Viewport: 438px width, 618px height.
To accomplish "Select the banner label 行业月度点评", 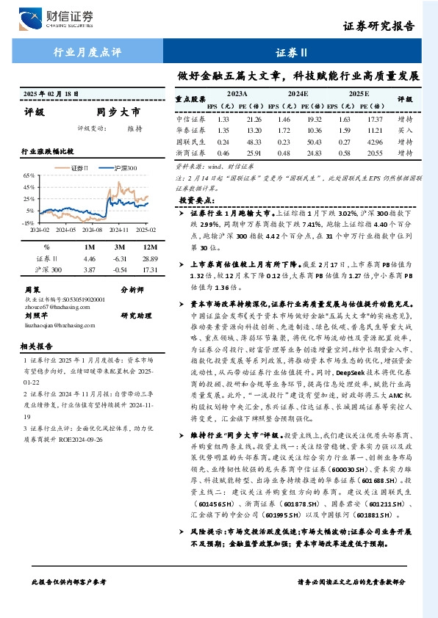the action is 88,52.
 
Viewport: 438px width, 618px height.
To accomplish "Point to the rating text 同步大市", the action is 118,112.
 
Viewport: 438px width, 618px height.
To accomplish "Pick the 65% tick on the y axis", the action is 29,176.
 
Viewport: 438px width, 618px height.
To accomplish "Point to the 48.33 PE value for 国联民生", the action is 255,141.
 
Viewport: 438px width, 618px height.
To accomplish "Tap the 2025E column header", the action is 358,95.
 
